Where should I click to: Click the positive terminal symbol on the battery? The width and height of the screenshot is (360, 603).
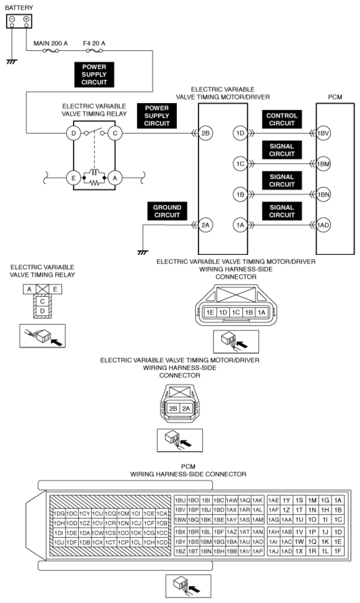point(26,19)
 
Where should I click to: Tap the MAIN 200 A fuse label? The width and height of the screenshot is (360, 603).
point(50,43)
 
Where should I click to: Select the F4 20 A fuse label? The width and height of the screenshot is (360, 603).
point(94,43)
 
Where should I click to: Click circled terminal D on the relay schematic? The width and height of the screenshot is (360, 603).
point(73,133)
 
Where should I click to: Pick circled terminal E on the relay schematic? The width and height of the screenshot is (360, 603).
point(73,178)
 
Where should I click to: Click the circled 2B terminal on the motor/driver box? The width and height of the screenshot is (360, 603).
point(206,133)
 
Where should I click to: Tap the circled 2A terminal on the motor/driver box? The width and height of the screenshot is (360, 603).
point(206,225)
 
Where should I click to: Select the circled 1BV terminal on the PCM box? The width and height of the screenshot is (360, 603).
point(323,133)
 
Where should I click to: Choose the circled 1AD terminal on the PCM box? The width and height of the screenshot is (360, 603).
point(323,225)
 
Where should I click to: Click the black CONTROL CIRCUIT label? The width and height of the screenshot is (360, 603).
point(281,119)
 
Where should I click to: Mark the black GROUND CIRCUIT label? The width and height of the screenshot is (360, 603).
point(167,211)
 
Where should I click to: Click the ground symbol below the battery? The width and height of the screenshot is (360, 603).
point(12,61)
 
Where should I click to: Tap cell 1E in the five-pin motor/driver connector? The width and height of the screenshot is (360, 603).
point(210,312)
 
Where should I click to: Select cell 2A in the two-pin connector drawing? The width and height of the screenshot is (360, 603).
point(186,408)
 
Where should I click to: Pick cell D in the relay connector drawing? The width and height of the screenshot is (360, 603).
point(42,311)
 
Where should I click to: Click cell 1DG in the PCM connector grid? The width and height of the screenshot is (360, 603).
point(59,514)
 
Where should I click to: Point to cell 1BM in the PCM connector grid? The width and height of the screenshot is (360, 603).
point(206,542)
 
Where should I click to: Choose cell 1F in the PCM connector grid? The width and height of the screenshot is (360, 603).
point(338,551)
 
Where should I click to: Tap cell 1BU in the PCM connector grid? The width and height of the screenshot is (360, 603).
point(181,501)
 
